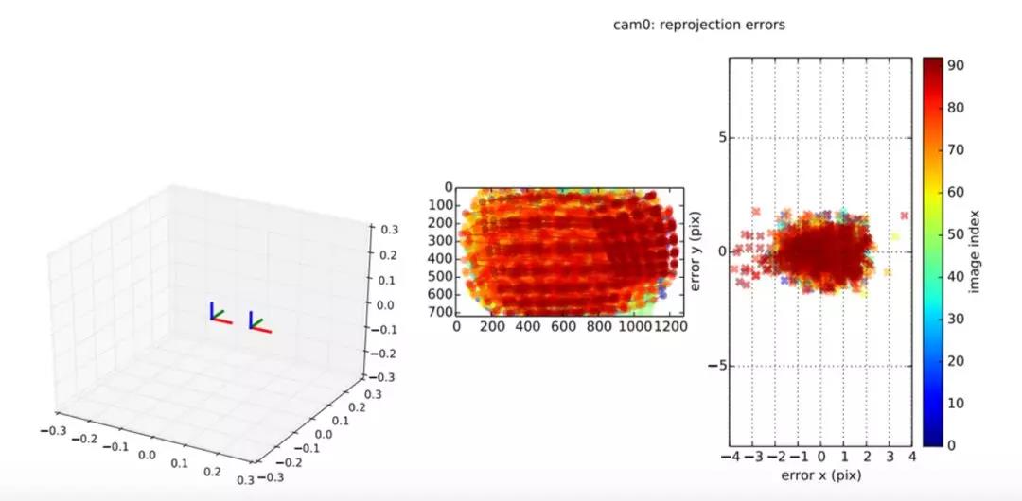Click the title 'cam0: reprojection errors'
point(699,25)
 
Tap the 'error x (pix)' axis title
point(820,476)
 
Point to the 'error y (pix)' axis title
point(697,250)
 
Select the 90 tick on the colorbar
point(956,66)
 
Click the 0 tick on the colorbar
point(951,444)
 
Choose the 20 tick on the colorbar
point(956,360)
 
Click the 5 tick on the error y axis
point(719,138)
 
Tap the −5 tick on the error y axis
point(716,366)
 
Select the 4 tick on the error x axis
point(912,458)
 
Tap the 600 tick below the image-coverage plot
point(563,326)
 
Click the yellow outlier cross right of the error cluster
point(894,236)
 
